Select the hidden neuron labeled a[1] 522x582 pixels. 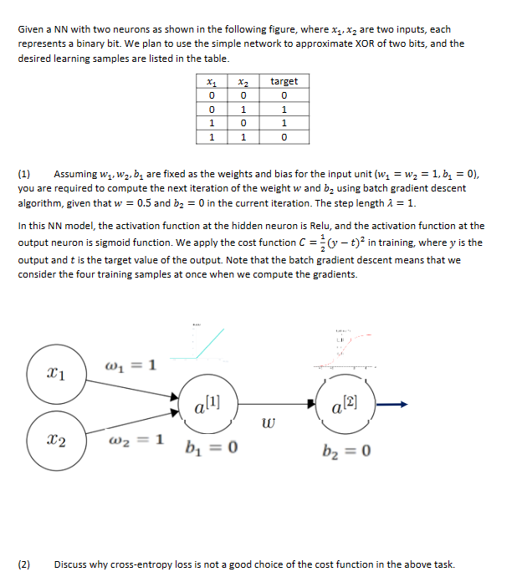[203, 405]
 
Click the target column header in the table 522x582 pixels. [284, 81]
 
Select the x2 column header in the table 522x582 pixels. [243, 81]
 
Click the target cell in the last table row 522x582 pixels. [284, 136]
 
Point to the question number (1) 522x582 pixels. [24, 175]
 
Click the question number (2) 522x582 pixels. [24, 564]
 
